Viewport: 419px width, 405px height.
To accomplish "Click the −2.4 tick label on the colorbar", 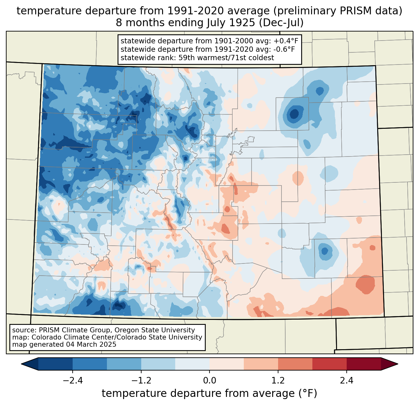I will (x=73, y=381).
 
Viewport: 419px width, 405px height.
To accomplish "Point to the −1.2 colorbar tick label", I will (x=141, y=381).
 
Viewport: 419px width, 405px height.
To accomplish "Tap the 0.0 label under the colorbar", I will (x=209, y=381).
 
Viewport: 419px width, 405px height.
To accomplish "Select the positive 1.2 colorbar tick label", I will (x=278, y=381).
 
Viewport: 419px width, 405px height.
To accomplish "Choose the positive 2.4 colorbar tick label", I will (x=346, y=381).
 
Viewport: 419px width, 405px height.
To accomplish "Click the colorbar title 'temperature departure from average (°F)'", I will (x=209, y=393).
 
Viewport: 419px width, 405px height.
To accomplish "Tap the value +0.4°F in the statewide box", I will (x=286, y=41).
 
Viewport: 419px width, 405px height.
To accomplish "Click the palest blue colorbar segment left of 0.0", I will (x=192, y=364).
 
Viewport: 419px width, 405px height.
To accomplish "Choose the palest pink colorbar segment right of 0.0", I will (x=227, y=364).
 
